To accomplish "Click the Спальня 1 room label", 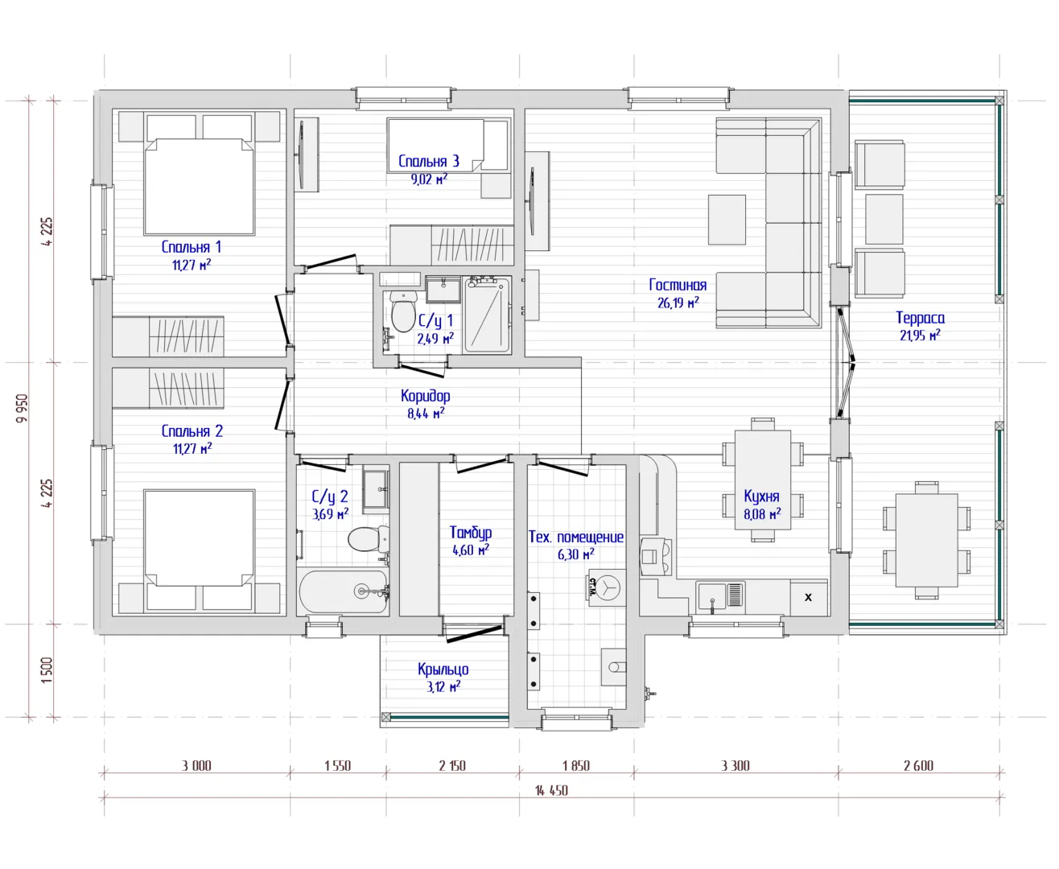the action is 191,247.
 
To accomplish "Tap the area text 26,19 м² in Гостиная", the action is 678,303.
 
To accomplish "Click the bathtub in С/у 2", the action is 344,591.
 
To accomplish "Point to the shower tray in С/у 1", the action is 487,315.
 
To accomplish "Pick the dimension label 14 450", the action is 551,791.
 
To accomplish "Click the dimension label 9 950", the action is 23,408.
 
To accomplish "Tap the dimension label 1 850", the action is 576,765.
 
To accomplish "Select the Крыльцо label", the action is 443,669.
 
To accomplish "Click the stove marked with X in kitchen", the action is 809,597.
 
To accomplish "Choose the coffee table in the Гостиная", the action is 727,220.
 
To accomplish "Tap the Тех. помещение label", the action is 576,537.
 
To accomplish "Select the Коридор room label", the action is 426,396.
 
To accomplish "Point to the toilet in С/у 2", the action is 369,539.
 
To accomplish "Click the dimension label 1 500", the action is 46,669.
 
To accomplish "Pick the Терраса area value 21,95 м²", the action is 920,335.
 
